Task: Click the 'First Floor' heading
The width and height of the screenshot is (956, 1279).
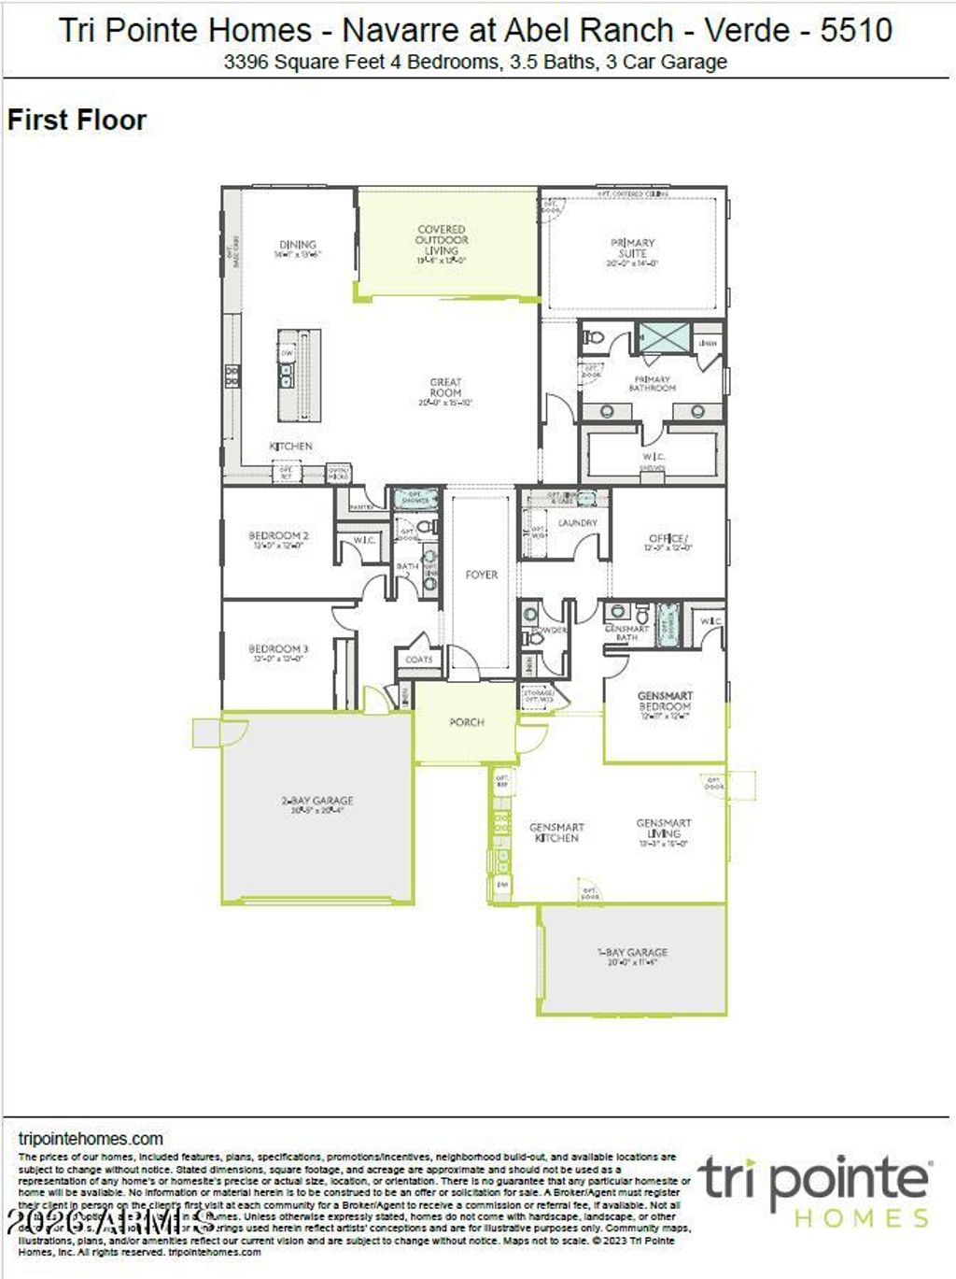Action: pyautogui.click(x=77, y=121)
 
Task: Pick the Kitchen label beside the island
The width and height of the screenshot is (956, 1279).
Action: pyautogui.click(x=291, y=447)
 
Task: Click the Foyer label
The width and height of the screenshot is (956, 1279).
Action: pyautogui.click(x=482, y=575)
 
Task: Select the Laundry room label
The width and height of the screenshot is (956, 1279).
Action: pyautogui.click(x=577, y=523)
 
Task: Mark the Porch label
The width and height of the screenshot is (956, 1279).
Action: pyautogui.click(x=467, y=722)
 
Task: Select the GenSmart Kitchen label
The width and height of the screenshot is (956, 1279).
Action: pyautogui.click(x=556, y=832)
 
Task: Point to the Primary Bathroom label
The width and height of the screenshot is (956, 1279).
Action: pyautogui.click(x=652, y=383)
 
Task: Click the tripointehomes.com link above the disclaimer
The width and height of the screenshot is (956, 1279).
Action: pyautogui.click(x=91, y=1139)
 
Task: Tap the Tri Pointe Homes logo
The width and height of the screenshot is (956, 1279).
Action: pyautogui.click(x=815, y=1190)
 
